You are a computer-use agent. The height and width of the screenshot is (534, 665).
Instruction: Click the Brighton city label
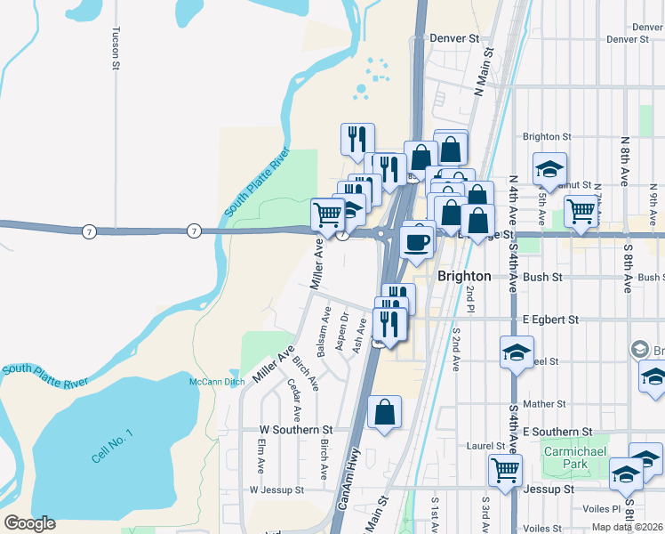464,276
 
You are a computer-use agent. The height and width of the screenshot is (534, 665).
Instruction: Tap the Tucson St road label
116,47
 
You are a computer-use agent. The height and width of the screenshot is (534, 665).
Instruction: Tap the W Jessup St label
276,489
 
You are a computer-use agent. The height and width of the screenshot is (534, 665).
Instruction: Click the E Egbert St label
550,319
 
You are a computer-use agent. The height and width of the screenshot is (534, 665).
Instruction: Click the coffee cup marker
416,240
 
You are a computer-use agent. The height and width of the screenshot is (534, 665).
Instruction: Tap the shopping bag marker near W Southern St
384,412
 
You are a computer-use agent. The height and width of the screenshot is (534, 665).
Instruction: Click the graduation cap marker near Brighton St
549,168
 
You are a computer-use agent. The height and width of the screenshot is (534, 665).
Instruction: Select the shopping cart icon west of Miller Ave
327,214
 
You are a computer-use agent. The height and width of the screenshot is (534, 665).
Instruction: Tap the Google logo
30,523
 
